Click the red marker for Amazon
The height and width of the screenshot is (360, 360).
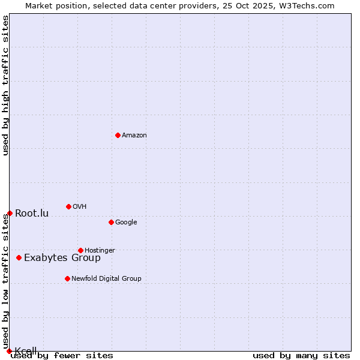118,135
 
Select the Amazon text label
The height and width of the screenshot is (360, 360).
134,136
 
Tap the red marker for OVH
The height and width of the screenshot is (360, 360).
68,206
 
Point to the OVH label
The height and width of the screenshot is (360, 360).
80,207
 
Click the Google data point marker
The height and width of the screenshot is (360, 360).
111,222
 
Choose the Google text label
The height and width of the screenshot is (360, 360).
126,223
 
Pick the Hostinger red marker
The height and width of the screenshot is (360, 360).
80,250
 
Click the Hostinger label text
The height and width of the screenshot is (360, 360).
100,251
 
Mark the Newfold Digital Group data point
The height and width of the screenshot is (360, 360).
67,278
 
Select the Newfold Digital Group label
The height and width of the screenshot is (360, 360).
106,278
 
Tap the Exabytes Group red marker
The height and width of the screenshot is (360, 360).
19,257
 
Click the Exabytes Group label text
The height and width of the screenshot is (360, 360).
62,258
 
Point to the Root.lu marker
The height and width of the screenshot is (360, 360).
10,213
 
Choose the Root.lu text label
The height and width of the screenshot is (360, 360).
32,214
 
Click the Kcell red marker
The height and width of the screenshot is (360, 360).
9,351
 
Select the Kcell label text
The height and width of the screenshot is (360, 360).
26,350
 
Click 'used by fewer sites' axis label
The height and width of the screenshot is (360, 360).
62,356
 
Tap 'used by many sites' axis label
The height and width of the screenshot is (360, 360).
301,356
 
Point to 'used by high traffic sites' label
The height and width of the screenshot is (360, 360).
6,85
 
